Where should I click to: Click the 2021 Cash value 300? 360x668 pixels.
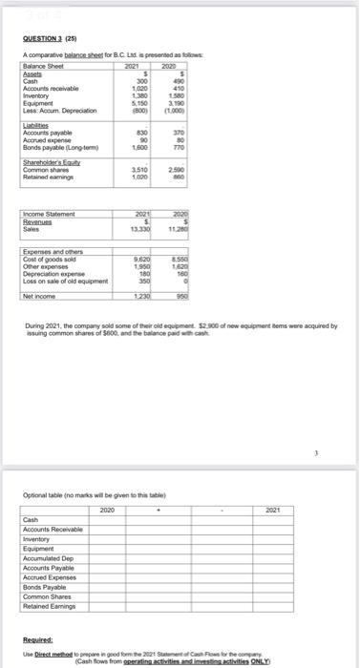[x=144, y=80]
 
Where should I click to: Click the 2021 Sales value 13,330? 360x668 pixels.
[x=140, y=228]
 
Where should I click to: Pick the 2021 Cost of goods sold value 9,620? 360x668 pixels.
[x=142, y=259]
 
